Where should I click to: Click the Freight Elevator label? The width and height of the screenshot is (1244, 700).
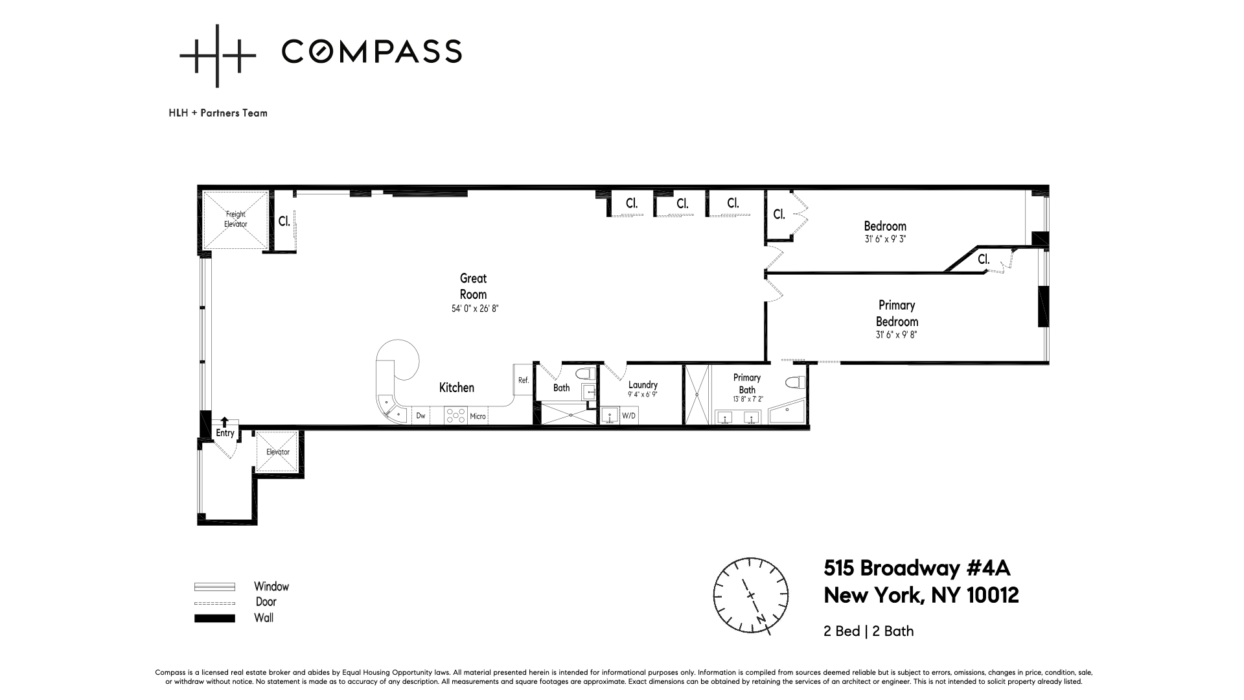click(x=236, y=219)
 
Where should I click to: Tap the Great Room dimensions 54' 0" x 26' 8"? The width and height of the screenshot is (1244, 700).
click(x=475, y=309)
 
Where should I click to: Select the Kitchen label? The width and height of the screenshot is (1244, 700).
click(x=457, y=388)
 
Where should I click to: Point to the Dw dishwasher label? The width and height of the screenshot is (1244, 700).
click(x=420, y=416)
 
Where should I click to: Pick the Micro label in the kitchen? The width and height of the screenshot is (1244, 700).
click(x=478, y=416)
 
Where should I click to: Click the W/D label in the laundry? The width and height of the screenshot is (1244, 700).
click(x=628, y=415)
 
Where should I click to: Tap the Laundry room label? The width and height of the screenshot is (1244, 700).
click(x=643, y=385)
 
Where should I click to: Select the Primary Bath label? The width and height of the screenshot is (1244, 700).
click(x=747, y=384)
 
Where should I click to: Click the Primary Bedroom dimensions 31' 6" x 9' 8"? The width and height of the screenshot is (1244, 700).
click(x=897, y=335)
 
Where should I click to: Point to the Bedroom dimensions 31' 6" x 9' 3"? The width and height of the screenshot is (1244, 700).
click(x=885, y=239)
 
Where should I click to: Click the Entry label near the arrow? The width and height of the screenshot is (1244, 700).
click(x=225, y=433)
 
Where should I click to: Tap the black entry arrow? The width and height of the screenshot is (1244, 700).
click(x=225, y=422)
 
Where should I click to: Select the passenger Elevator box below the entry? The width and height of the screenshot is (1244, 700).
click(x=278, y=452)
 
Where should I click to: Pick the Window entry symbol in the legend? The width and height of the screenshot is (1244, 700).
click(x=214, y=587)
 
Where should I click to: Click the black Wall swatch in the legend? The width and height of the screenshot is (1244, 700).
click(x=214, y=618)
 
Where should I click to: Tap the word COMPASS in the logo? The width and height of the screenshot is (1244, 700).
click(x=372, y=51)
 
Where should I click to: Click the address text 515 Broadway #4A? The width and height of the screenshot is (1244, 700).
click(x=917, y=568)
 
